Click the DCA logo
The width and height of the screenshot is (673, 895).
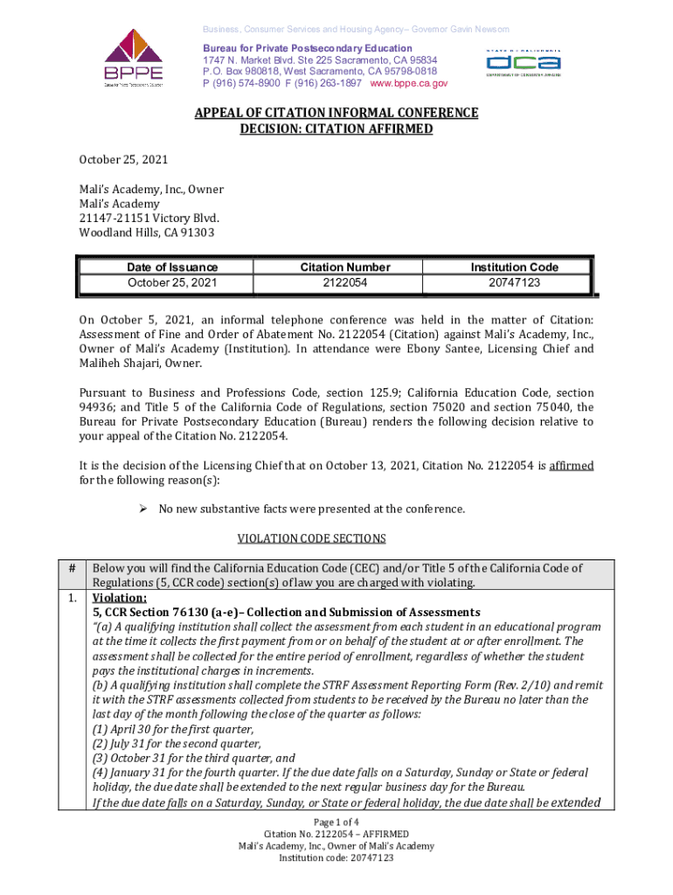pyautogui.click(x=524, y=63)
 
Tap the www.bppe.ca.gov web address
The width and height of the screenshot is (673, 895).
pyautogui.click(x=409, y=83)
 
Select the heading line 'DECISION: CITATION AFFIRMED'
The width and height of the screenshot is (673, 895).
pyautogui.click(x=336, y=129)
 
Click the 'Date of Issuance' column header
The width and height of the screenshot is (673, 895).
pyautogui.click(x=172, y=267)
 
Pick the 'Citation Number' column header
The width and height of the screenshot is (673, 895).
pyautogui.click(x=345, y=267)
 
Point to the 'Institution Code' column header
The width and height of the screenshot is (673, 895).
pyautogui.click(x=515, y=267)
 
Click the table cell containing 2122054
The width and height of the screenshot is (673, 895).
pyautogui.click(x=345, y=283)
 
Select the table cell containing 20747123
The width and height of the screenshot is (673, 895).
pyautogui.click(x=515, y=283)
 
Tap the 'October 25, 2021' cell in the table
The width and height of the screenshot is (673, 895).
pyautogui.click(x=172, y=283)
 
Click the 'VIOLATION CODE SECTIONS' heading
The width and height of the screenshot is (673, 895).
pyautogui.click(x=336, y=538)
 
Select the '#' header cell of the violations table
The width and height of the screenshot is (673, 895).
pyautogui.click(x=73, y=568)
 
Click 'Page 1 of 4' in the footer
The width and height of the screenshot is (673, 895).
pyautogui.click(x=336, y=822)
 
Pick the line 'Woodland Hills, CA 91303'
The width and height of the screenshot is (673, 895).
pyautogui.click(x=146, y=232)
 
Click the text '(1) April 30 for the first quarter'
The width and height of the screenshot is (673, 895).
pyautogui.click(x=173, y=729)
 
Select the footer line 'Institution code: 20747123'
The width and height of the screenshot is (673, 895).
pyautogui.click(x=336, y=858)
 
